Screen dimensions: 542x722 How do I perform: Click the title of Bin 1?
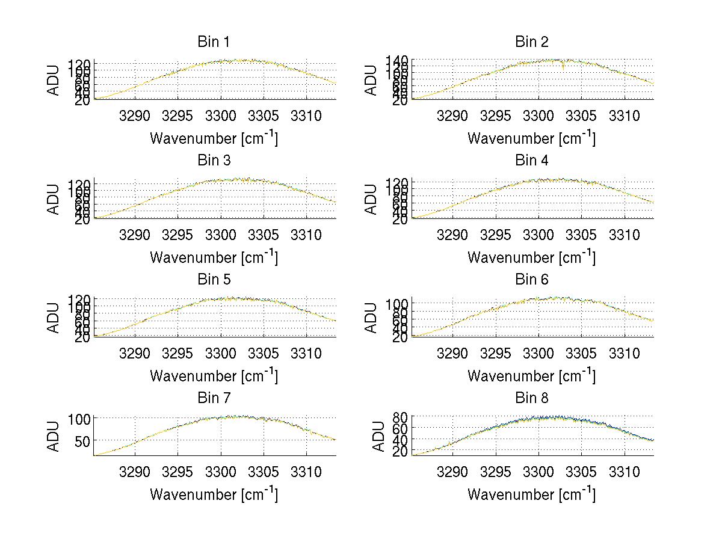coord(214,42)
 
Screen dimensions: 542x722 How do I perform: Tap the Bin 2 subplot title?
coord(531,42)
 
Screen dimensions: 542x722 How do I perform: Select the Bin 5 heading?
coord(214,280)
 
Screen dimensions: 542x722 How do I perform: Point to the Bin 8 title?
coord(531,398)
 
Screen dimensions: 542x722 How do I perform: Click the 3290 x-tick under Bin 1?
coord(135,115)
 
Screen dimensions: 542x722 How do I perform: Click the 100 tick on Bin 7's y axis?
coord(79,418)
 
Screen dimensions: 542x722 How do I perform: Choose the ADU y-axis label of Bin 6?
coord(372,318)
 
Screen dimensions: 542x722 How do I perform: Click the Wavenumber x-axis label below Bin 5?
coord(214,375)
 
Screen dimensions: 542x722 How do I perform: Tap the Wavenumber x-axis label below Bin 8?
coord(531,494)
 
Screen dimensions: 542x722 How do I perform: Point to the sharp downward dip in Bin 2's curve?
coord(563,67)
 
